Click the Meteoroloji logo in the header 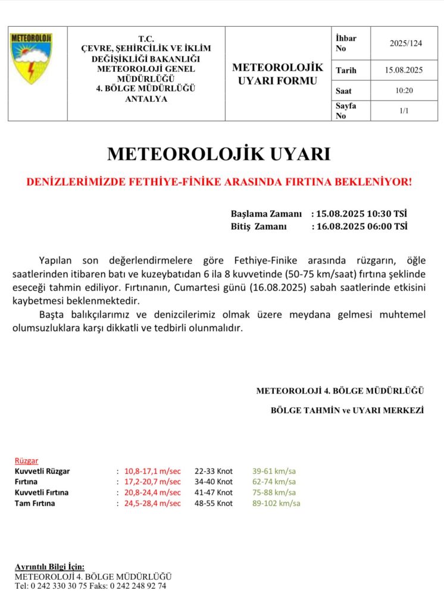pos(31,58)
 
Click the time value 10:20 pos(404,90)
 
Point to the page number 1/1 pos(404,111)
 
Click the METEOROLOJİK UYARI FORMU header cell pos(277,74)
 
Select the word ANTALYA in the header pos(146,99)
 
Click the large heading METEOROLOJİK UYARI pos(218,154)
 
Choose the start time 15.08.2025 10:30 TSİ pos(361,214)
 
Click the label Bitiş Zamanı pos(259,226)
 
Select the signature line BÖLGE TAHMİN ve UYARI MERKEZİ pos(347,410)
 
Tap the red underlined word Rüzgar pos(27,461)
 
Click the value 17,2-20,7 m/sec pos(152,482)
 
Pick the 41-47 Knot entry pos(213,492)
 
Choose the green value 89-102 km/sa pos(276,503)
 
